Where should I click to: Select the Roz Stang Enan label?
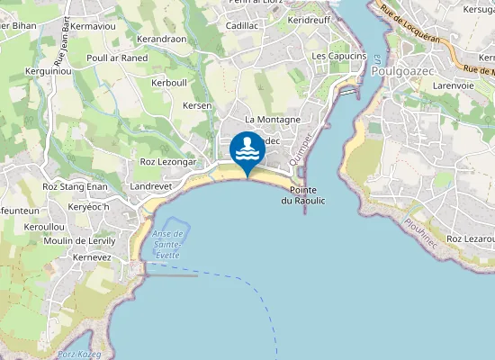76,186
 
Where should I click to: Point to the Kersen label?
197,106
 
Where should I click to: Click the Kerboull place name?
169,83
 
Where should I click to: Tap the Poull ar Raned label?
117,57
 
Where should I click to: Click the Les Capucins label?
338,56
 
